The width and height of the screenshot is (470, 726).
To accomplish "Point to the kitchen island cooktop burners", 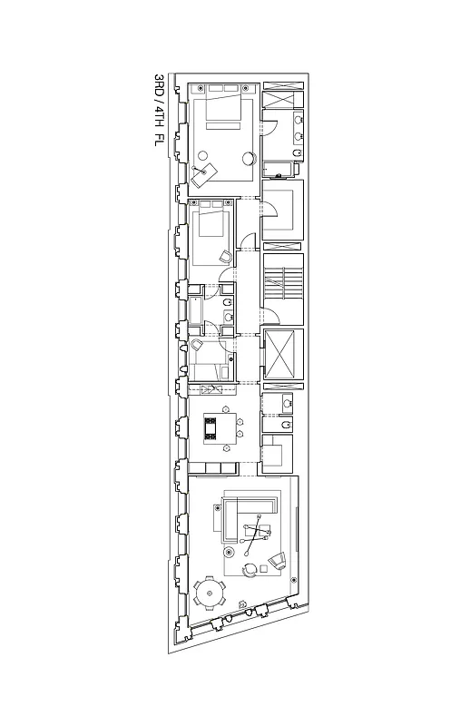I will pyautogui.click(x=213, y=428).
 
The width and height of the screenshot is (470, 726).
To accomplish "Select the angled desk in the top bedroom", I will pyautogui.click(x=204, y=173).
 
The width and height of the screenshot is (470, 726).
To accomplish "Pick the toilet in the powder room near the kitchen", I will pyautogui.click(x=285, y=425).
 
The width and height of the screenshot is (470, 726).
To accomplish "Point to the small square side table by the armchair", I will pyautogui.click(x=263, y=568).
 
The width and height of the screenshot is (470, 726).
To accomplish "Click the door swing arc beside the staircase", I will pyautogui.click(x=269, y=317).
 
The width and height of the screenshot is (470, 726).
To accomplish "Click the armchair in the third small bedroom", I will pyautogui.click(x=199, y=348).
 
